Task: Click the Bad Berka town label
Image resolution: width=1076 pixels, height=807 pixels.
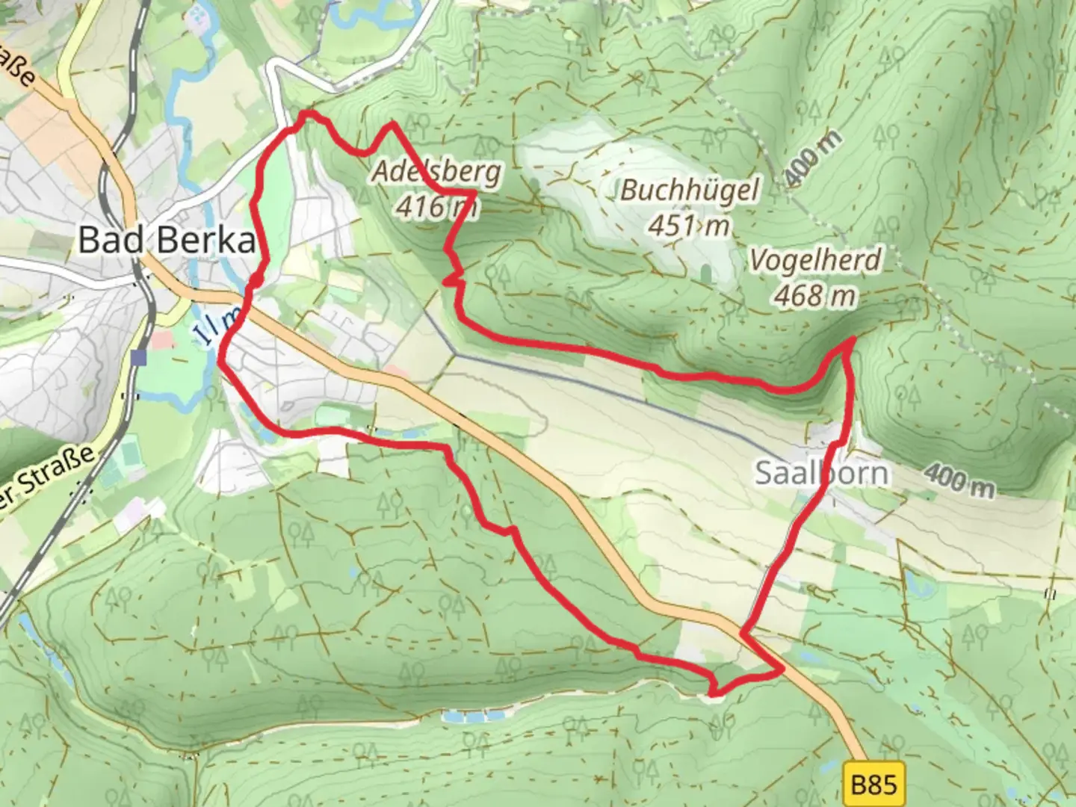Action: [166, 241]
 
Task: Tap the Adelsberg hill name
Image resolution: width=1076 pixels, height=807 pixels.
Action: [436, 172]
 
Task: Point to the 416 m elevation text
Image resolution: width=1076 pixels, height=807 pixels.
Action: [436, 205]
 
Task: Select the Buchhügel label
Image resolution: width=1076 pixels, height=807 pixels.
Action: [689, 191]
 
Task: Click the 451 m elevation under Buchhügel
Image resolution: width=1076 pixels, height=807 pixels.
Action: [689, 224]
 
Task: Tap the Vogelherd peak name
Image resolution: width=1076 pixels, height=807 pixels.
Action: [815, 261]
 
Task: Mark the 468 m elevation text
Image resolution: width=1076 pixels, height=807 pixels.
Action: [814, 296]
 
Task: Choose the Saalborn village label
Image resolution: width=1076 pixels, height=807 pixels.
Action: [822, 473]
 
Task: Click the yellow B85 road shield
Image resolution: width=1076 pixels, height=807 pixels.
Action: [874, 785]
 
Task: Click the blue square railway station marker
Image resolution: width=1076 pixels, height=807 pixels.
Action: [138, 358]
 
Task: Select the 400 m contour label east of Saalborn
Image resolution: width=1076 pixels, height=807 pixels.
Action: [959, 480]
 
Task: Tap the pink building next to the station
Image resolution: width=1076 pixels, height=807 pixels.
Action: [161, 340]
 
